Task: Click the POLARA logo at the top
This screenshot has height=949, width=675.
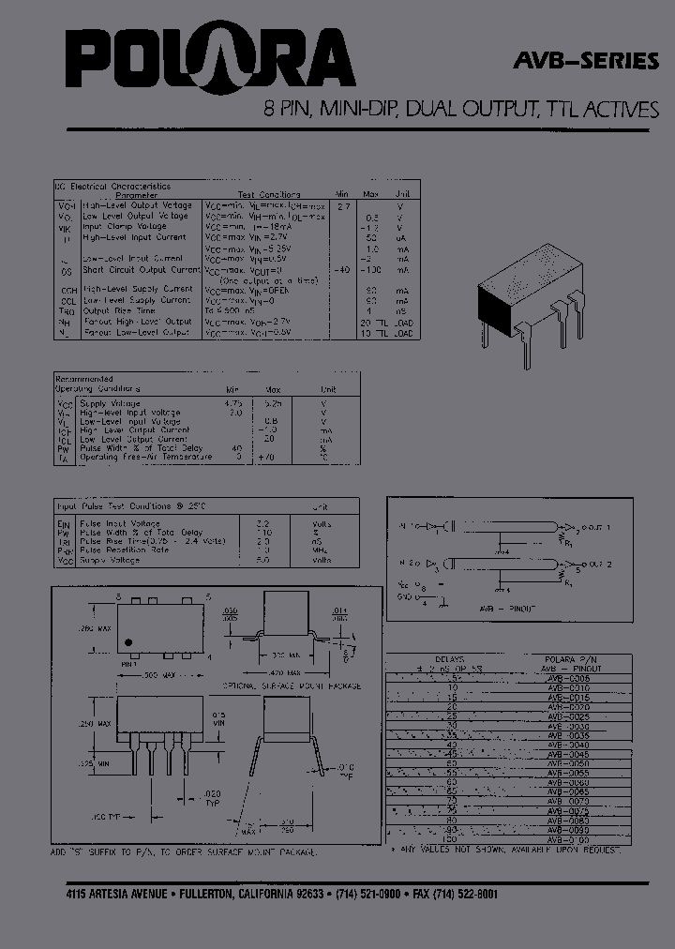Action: click(210, 62)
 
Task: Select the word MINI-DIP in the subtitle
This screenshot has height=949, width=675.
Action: click(359, 109)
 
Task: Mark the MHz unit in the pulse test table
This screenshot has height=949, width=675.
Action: click(322, 550)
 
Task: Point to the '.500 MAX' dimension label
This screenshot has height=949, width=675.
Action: click(148, 675)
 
